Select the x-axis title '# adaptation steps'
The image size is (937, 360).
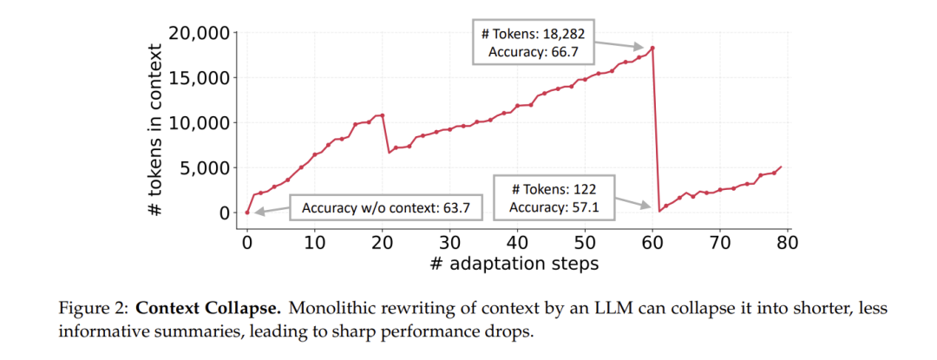[514, 264]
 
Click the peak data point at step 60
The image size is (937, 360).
[652, 48]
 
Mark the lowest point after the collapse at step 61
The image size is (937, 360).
[659, 211]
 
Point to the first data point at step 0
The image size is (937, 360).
[247, 213]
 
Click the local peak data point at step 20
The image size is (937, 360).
[382, 115]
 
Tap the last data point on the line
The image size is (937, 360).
[781, 167]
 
